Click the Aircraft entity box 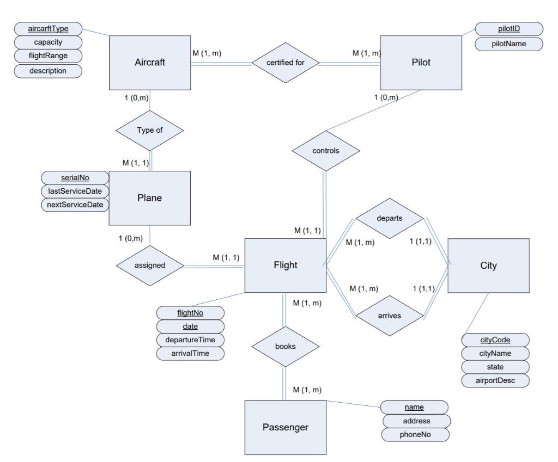pyautogui.click(x=149, y=63)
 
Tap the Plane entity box pyautogui.click(x=149, y=198)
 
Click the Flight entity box pyautogui.click(x=285, y=266)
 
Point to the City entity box pyautogui.click(x=488, y=266)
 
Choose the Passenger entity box pyautogui.click(x=285, y=427)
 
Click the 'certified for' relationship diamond pyautogui.click(x=285, y=63)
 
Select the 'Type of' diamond pyautogui.click(x=149, y=131)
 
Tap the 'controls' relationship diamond pyautogui.click(x=327, y=151)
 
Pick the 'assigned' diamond pyautogui.click(x=149, y=267)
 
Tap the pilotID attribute pyautogui.click(x=509, y=29)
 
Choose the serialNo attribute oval pyautogui.click(x=75, y=178)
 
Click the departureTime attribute pyautogui.click(x=190, y=340)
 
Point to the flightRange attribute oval pyautogui.click(x=48, y=57)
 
